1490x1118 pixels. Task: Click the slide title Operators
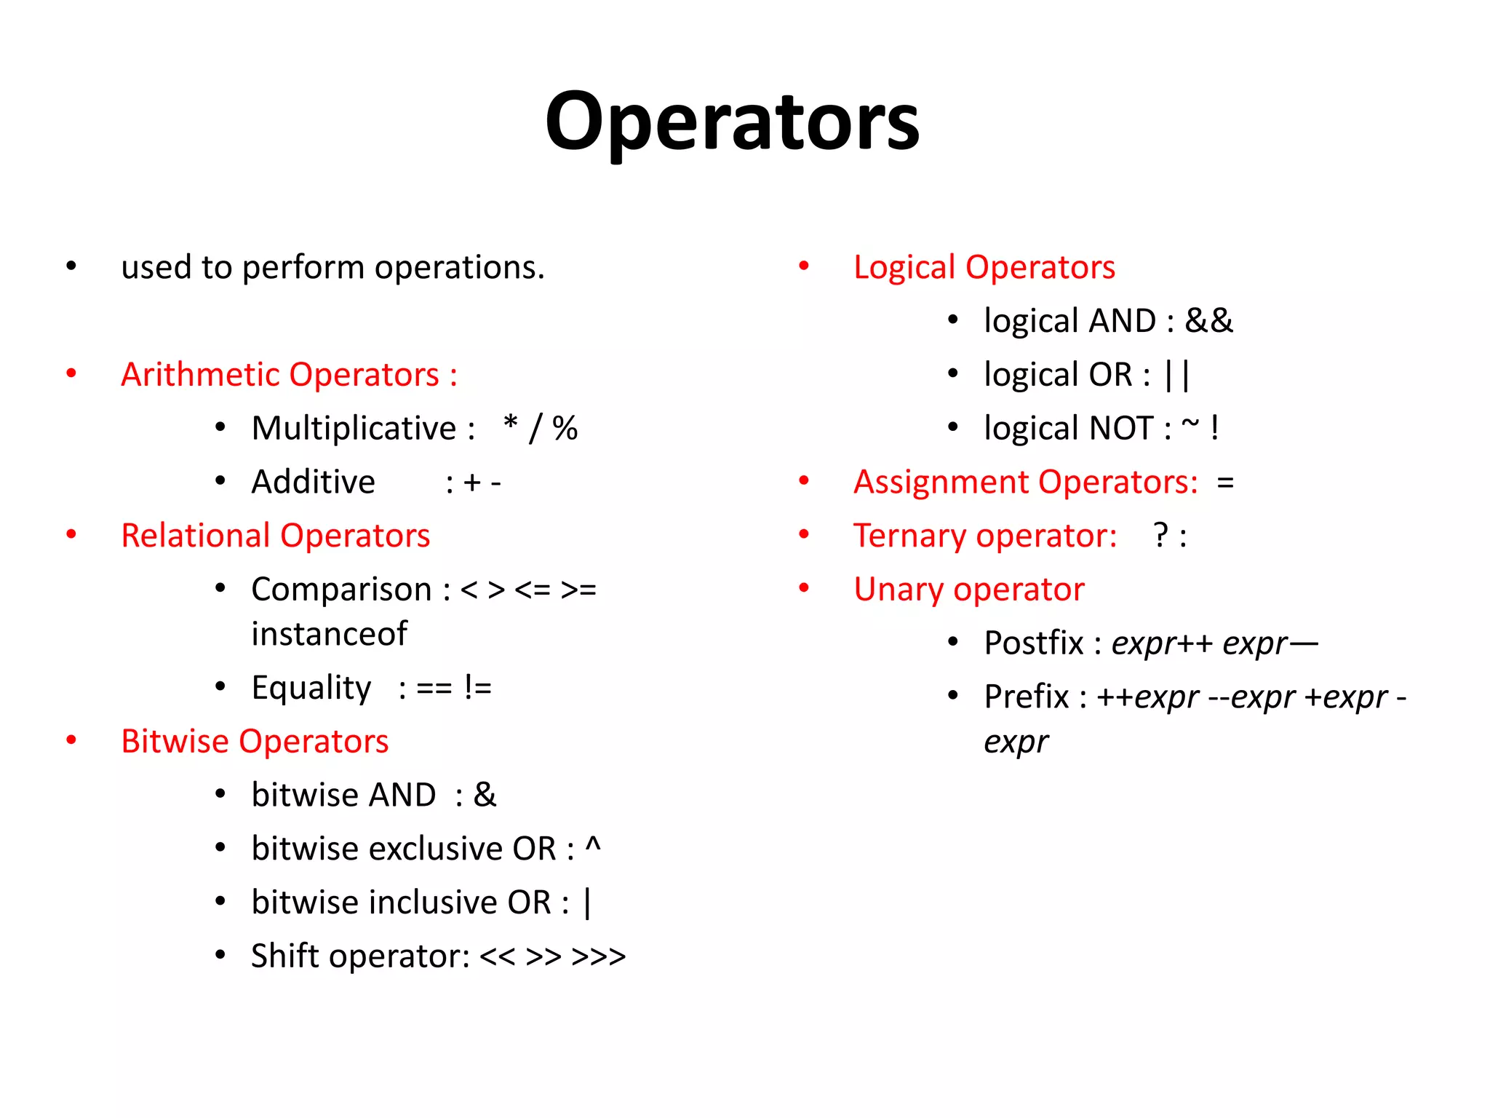[732, 122]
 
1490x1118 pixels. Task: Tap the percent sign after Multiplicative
[565, 428]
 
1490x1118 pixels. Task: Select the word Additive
[313, 482]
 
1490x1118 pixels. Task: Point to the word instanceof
[329, 634]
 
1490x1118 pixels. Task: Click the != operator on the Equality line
[478, 688]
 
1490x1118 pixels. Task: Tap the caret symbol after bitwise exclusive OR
[593, 846]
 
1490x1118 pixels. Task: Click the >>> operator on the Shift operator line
[598, 956]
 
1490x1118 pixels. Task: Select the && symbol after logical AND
[1208, 321]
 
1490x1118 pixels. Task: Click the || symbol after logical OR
[1176, 376]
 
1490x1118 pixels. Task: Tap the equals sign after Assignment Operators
[1225, 483]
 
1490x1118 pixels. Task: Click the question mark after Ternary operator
[1161, 536]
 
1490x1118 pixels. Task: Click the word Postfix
[1033, 643]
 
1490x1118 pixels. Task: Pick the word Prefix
[1026, 697]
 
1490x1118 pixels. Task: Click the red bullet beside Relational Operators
[71, 535]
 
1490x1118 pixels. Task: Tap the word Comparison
[341, 590]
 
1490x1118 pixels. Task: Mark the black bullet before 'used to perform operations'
[71, 266]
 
